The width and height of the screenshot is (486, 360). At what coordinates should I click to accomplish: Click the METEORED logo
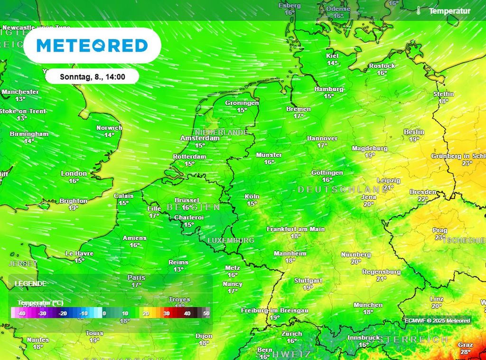92,46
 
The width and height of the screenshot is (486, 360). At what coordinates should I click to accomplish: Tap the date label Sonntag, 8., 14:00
93,76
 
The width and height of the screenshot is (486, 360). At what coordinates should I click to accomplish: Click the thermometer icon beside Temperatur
419,10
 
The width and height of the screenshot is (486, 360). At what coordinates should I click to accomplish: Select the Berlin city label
414,132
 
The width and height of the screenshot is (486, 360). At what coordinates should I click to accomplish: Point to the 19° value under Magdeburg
370,155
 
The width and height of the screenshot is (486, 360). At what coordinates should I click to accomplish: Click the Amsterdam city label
200,138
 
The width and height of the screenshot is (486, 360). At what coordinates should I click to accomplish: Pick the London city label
74,174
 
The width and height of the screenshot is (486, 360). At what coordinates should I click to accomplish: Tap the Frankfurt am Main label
296,229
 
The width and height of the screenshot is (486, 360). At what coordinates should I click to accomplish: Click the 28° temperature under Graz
465,352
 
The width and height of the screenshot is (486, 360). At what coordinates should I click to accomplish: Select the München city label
368,305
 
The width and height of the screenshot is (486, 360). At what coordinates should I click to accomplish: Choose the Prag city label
439,231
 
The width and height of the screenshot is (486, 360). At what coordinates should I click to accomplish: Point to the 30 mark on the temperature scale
167,313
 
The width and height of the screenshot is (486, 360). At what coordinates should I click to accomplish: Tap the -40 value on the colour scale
21,313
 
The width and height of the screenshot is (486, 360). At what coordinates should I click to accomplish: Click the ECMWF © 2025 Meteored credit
437,321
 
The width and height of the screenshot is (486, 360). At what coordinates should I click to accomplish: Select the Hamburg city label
329,89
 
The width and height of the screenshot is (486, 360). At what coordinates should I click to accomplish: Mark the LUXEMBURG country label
231,240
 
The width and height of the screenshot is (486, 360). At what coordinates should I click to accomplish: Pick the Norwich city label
109,128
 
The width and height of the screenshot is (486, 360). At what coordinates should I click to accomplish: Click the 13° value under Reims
178,269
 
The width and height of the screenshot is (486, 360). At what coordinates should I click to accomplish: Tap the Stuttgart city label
308,281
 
